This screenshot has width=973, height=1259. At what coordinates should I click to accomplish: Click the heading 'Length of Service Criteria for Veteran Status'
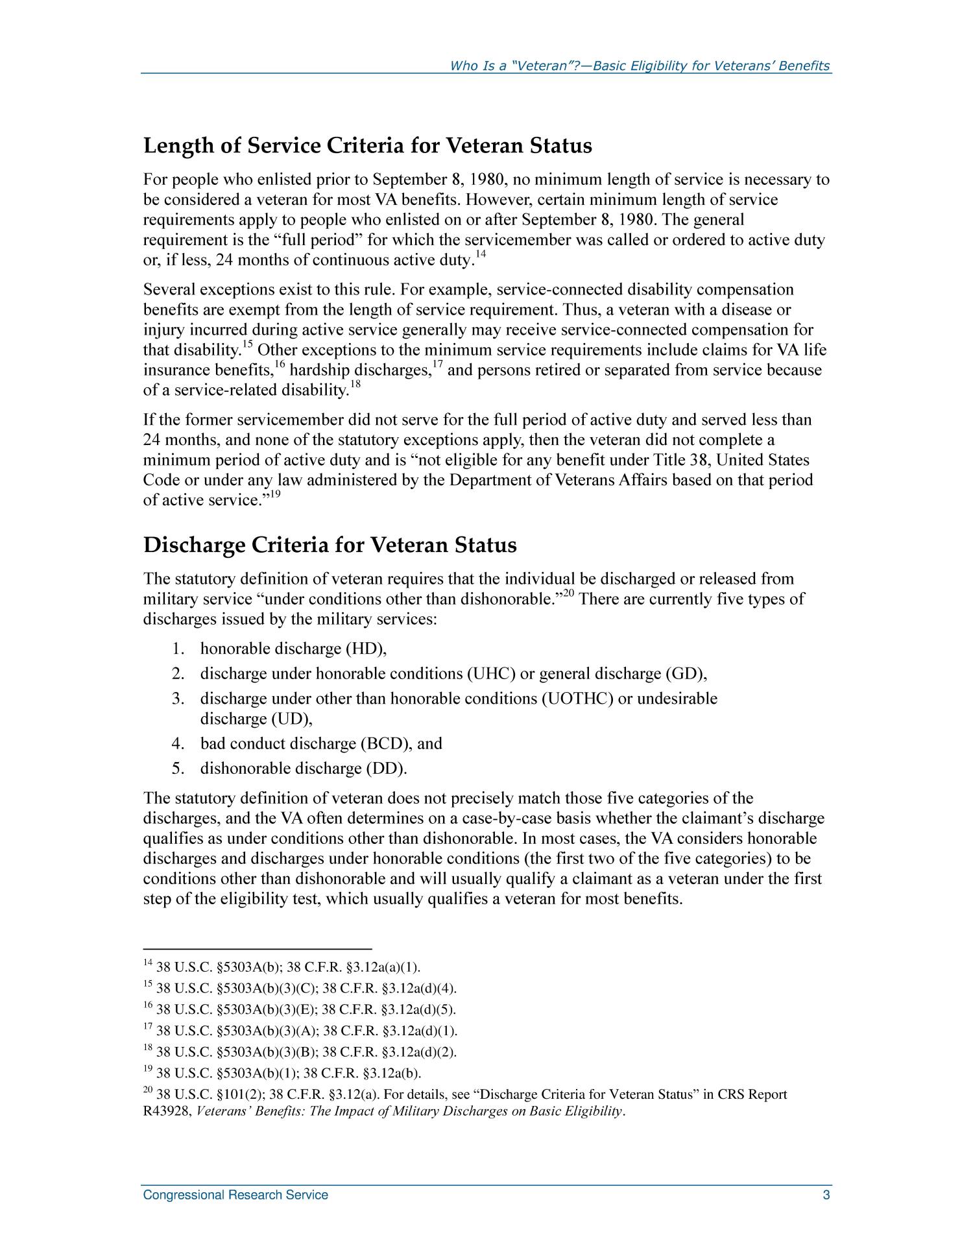367,146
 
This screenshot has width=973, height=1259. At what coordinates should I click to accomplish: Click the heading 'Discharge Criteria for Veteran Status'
330,545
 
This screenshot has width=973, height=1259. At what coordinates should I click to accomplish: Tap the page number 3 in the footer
826,1195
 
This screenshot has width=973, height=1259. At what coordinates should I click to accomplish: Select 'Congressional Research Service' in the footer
235,1195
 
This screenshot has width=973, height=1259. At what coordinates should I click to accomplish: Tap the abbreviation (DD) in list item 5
388,769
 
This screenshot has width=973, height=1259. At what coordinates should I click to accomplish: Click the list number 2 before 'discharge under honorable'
178,674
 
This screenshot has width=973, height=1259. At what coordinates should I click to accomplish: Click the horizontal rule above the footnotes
257,948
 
